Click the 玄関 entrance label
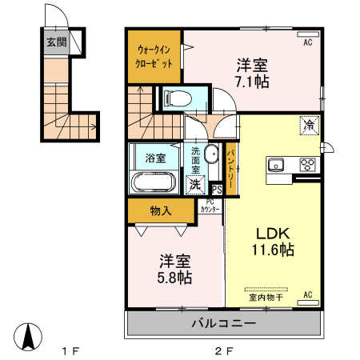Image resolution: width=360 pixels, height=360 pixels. coord(55,43)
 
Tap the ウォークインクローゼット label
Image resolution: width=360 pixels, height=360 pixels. coord(155,56)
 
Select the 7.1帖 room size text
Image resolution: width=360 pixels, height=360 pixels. coord(252,81)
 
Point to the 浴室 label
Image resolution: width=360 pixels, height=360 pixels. coord(155,158)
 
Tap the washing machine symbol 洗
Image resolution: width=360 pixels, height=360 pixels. coord(194,184)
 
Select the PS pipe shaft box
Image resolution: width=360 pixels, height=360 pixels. coord(217,189)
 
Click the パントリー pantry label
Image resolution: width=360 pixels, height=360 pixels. coord(230,166)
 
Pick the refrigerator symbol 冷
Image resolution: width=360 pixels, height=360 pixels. coord(308,126)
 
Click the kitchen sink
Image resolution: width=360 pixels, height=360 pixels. coord(276,166)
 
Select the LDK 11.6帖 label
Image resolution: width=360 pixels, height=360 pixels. coord(274,242)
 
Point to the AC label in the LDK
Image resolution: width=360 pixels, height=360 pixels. coord(306,294)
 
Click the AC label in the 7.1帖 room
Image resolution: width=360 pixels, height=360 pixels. coord(307,43)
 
